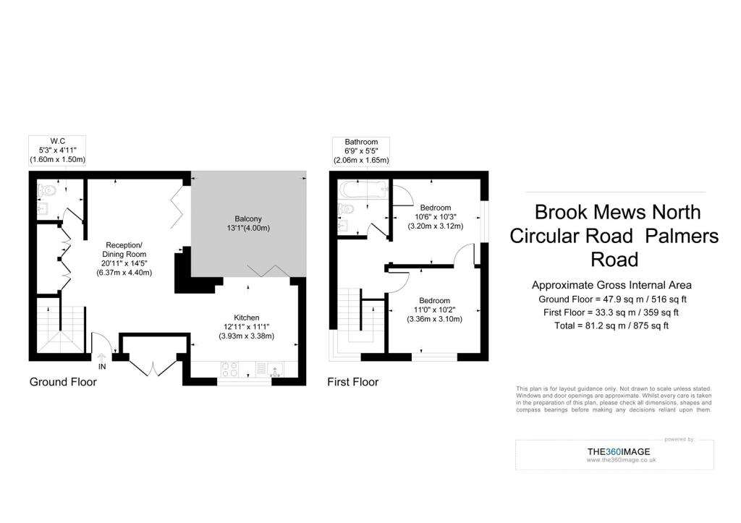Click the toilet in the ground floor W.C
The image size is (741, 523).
pos(47,190)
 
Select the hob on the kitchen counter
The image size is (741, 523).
pos(229,369)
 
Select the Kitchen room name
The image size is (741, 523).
pos(246,318)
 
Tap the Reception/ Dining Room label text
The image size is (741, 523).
pos(124,250)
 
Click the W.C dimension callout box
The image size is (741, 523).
pos(57,150)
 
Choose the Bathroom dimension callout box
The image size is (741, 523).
pos(361,151)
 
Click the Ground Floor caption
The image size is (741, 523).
pos(63,382)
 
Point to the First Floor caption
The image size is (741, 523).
pos(352,382)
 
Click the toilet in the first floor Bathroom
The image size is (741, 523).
pos(347,208)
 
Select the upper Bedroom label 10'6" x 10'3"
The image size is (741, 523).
pos(435,217)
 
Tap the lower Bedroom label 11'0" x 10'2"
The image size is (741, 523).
pos(434,310)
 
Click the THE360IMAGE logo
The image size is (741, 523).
pos(619,451)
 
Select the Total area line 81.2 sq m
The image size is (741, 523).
pos(611,326)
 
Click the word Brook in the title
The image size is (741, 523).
pos(561,212)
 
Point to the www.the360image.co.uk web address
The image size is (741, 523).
pos(621,459)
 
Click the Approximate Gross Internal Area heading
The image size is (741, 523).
pos(611,285)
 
